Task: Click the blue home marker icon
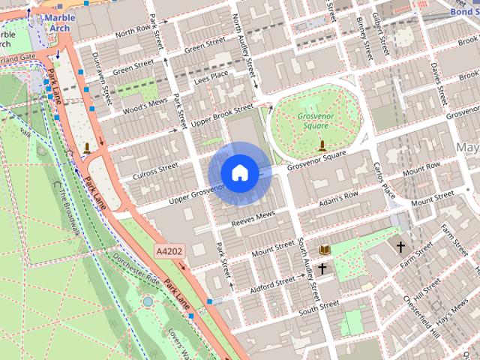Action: pyautogui.click(x=238, y=172)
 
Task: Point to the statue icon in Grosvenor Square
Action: pyautogui.click(x=322, y=144)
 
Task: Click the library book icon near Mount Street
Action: pyautogui.click(x=325, y=249)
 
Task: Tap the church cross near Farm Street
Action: pyautogui.click(x=400, y=245)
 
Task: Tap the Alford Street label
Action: pyautogui.click(x=272, y=282)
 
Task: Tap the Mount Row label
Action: pyautogui.click(x=421, y=172)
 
